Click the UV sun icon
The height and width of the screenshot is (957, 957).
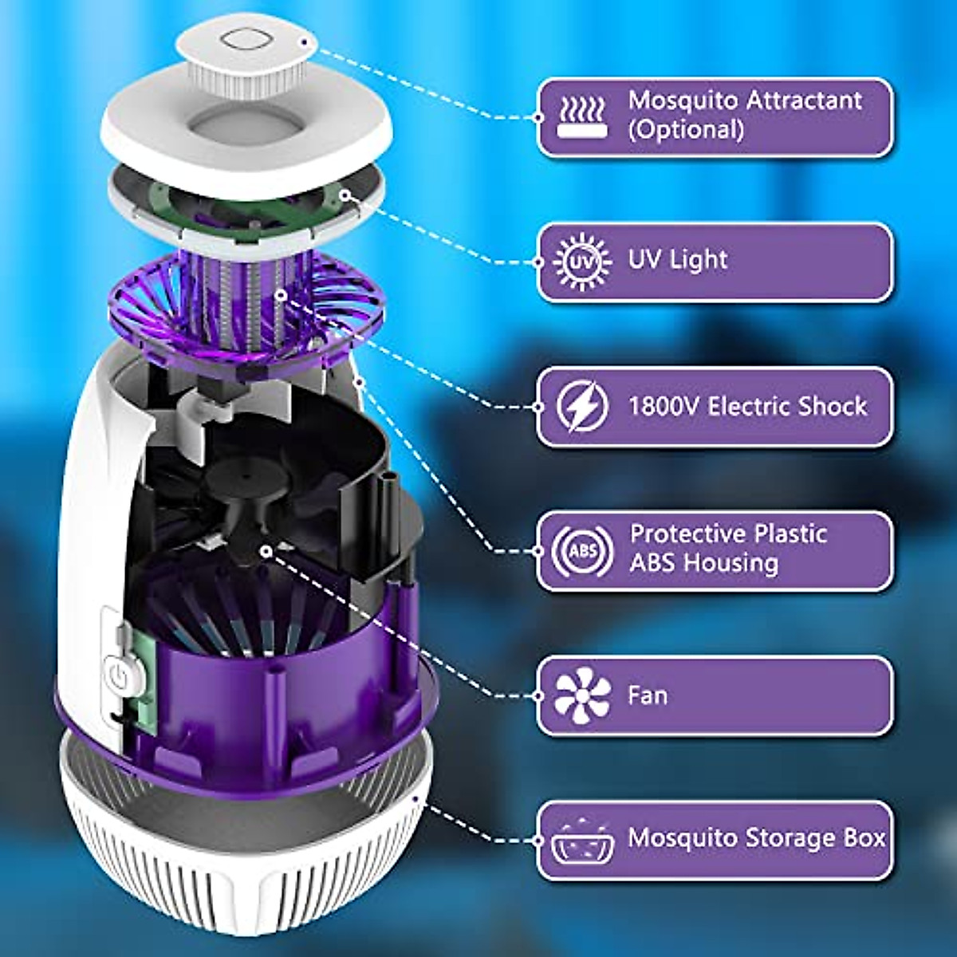click(x=581, y=262)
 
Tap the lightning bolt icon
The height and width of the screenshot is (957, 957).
click(x=581, y=407)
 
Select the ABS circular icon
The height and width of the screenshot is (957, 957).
click(x=581, y=551)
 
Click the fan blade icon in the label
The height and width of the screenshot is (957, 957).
click(x=582, y=695)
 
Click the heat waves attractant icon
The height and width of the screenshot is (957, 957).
click(x=582, y=116)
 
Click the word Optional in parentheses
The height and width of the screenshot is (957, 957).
click(x=686, y=129)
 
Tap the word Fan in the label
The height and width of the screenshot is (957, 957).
click(x=647, y=695)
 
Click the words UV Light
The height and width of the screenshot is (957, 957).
click(x=678, y=260)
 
